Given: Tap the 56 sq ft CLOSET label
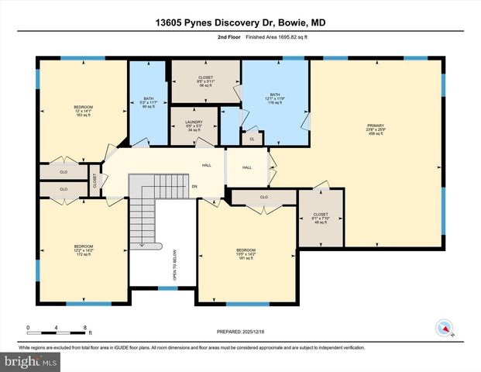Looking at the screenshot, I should pyautogui.click(x=194, y=80).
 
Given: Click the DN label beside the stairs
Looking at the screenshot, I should pyautogui.click(x=194, y=186).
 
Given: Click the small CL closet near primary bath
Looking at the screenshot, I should pyautogui.click(x=252, y=139).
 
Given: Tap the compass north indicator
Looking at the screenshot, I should pyautogui.click(x=445, y=329).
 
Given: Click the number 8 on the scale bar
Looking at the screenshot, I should pyautogui.click(x=85, y=327).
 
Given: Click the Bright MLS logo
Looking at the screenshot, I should pyautogui.click(x=29, y=361).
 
